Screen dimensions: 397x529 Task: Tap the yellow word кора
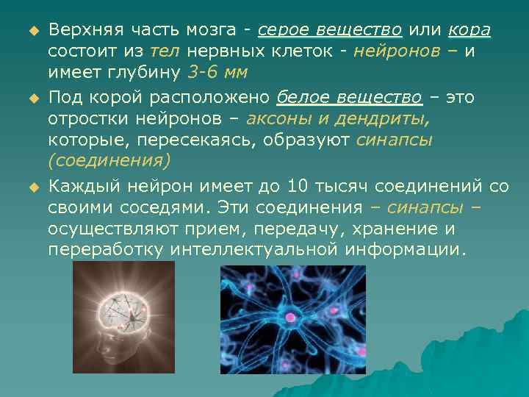[468, 30]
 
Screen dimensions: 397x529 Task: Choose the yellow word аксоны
[278, 119]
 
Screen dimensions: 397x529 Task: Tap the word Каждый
[80, 187]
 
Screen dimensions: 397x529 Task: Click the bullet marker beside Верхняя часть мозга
[32, 31]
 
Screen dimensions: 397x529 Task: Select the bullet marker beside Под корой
[32, 99]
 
